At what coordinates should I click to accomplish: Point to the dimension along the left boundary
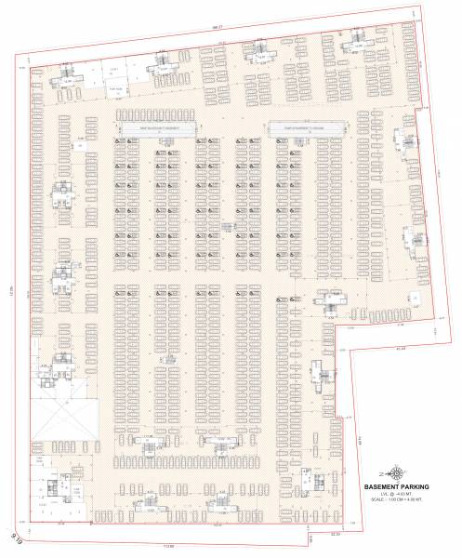coord(13,293)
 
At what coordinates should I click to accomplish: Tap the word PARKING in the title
coord(428,485)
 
